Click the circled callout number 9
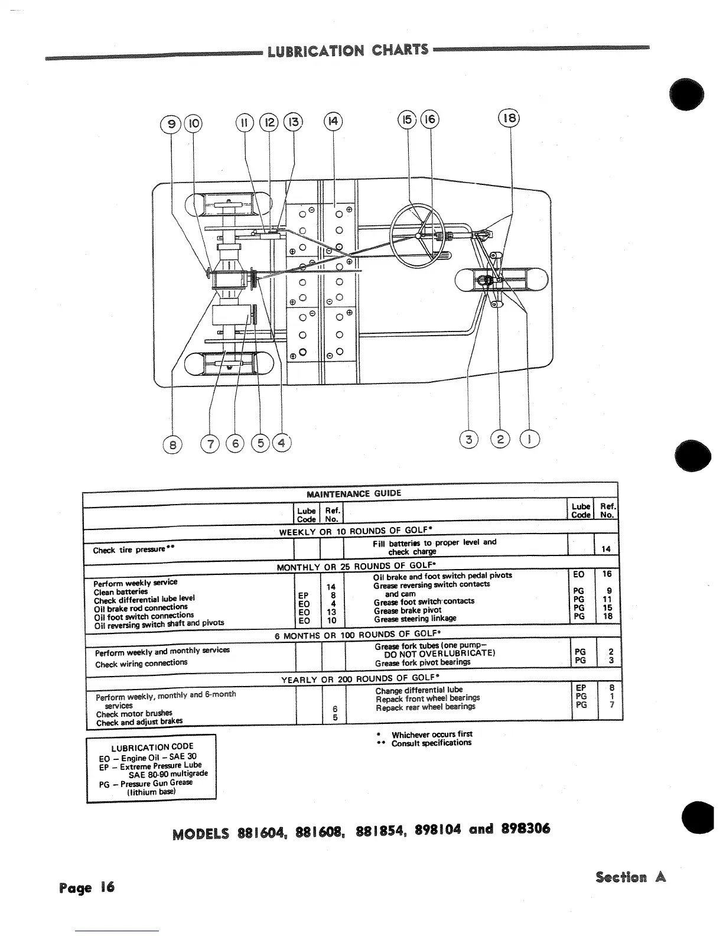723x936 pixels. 171,123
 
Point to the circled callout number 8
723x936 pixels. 172,443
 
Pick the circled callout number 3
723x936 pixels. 469,440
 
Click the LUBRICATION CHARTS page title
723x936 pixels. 348,50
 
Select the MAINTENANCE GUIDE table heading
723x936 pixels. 354,493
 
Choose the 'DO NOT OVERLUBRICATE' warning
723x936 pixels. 439,654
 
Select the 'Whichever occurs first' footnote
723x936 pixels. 432,734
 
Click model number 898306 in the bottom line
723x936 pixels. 526,828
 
